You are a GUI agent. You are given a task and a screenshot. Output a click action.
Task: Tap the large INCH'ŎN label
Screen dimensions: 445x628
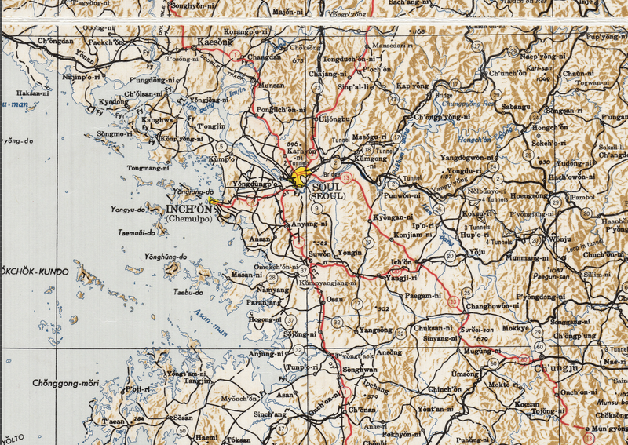pos(189,210)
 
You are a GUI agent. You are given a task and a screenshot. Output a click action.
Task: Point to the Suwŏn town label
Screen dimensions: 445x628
pos(318,255)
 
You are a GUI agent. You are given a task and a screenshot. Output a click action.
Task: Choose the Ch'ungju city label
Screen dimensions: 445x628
pos(555,367)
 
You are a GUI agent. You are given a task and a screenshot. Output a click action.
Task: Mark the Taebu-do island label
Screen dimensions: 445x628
pos(188,293)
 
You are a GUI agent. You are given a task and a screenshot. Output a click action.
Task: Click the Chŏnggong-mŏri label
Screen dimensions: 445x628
pos(66,383)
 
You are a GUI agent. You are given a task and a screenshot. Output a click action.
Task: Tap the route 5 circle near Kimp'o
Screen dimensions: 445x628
pos(221,147)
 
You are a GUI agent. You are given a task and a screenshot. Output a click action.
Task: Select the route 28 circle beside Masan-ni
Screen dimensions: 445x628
pos(272,277)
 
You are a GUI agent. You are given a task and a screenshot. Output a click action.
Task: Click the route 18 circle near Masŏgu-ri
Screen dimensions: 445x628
pos(367,149)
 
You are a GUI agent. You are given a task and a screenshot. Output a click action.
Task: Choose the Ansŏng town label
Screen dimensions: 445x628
pos(389,352)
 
